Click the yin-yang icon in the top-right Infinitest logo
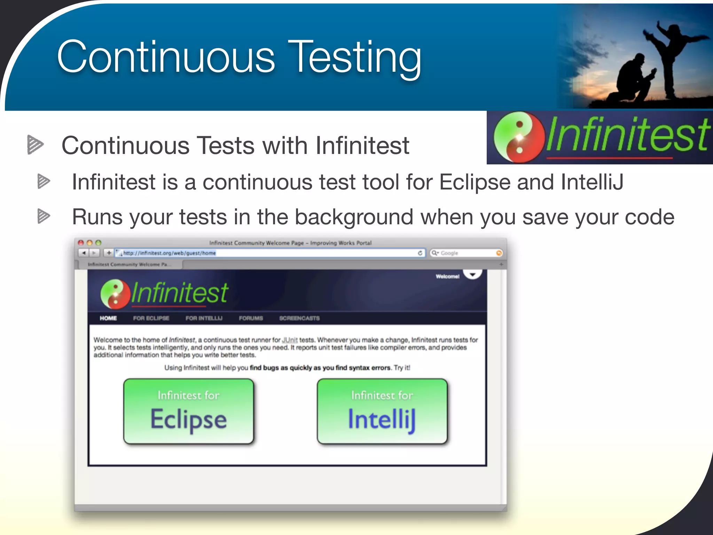point(519,137)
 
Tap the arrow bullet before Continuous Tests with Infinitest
point(35,145)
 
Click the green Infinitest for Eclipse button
point(188,411)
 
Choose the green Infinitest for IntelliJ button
point(382,411)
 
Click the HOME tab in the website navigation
point(108,318)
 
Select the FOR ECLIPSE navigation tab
point(151,318)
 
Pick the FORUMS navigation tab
point(251,318)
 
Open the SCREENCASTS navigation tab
point(299,318)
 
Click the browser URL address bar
point(268,253)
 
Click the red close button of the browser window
point(81,243)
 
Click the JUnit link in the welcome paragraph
point(290,340)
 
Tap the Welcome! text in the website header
point(447,277)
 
